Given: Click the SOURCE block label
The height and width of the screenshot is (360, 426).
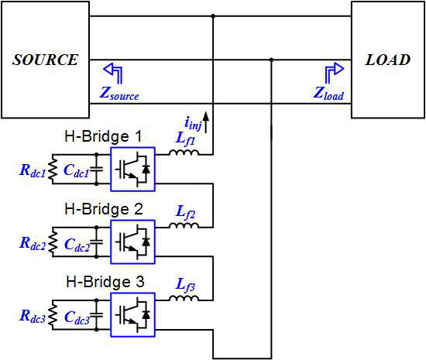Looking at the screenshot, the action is [x=46, y=60].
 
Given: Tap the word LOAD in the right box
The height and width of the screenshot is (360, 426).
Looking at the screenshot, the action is [x=388, y=60].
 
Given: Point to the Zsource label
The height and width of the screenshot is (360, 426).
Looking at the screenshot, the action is [x=119, y=94].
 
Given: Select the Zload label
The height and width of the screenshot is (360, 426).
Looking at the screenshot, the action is [x=328, y=94].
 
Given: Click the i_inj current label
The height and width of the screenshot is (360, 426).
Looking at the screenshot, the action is [x=193, y=124].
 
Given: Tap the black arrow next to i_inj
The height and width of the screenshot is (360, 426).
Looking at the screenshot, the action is [x=206, y=122].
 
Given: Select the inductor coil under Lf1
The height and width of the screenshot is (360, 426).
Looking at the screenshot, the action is [x=184, y=153].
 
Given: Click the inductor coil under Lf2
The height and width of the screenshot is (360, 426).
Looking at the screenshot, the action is [x=184, y=225].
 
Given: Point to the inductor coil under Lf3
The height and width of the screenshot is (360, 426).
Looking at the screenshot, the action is [x=184, y=298].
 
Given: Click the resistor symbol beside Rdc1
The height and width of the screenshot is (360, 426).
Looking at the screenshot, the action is [x=53, y=169].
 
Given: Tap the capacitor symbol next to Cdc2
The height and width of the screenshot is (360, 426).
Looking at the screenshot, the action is [x=97, y=242].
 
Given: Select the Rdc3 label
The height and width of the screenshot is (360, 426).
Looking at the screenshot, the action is [x=33, y=317].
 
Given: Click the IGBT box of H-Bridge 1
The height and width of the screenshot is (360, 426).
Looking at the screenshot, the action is [x=133, y=170].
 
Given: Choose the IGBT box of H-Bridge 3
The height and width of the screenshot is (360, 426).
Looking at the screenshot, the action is [x=133, y=315].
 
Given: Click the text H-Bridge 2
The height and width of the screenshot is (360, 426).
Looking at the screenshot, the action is [x=104, y=209].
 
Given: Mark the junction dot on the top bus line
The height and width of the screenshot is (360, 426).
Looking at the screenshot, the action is [x=213, y=16].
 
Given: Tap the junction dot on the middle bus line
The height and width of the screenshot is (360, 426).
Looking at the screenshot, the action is [x=271, y=60].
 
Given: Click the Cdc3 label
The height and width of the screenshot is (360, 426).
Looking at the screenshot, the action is [x=77, y=317].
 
